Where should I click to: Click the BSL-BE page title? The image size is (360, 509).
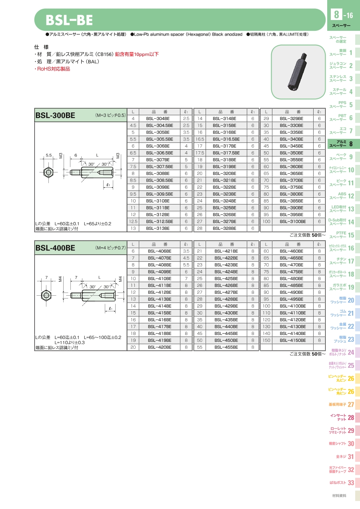click(69, 20)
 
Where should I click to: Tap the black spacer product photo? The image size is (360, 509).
click(298, 72)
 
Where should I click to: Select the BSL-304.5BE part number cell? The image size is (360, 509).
click(160, 125)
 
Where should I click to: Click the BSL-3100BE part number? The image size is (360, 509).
click(292, 221)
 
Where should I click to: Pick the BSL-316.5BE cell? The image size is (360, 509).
click(226, 139)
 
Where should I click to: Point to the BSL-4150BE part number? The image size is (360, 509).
click(292, 340)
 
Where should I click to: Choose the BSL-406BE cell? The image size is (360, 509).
click(160, 251)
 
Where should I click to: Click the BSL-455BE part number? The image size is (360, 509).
click(226, 347)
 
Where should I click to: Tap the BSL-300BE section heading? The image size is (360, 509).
click(55, 115)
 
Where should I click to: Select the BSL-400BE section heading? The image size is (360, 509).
click(55, 248)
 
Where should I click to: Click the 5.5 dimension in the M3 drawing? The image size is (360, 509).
click(49, 155)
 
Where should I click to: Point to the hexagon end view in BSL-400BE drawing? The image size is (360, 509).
click(46, 295)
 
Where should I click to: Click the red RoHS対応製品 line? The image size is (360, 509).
click(52, 69)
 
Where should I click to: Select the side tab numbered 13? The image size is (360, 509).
click(341, 209)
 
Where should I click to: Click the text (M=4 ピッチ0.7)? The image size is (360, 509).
click(110, 248)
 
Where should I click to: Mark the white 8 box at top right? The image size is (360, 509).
click(336, 14)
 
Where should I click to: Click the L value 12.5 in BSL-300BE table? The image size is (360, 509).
click(133, 221)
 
